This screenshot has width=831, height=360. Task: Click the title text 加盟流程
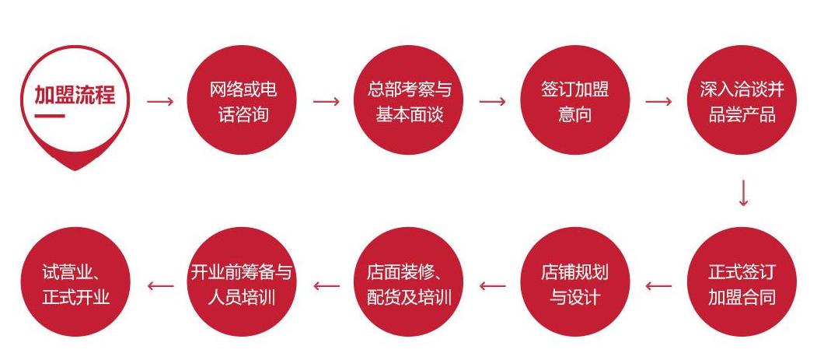coord(75,96)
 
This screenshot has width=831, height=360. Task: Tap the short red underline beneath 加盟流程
coord(50,116)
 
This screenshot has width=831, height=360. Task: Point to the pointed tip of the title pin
coord(75,170)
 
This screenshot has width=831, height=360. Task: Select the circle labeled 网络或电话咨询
coord(242,100)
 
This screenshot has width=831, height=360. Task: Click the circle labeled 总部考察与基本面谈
coord(408,100)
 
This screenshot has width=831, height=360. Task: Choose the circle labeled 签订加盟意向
coord(575,100)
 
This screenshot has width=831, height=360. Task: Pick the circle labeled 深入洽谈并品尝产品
coord(742,100)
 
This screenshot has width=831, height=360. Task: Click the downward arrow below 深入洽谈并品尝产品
coord(743,193)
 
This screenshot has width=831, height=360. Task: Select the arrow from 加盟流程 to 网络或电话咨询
coord(160,101)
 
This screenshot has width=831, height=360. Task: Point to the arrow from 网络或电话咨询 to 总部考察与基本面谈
coord(326,101)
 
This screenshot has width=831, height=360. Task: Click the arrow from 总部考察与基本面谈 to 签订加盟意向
coord(493,101)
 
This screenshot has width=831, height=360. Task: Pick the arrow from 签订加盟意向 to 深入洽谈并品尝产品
coord(658,101)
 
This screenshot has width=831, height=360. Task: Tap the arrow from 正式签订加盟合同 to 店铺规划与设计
coord(658,286)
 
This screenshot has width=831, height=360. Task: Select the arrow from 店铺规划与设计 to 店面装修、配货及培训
coord(493,286)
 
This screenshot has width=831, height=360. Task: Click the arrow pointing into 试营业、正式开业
coord(160,286)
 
